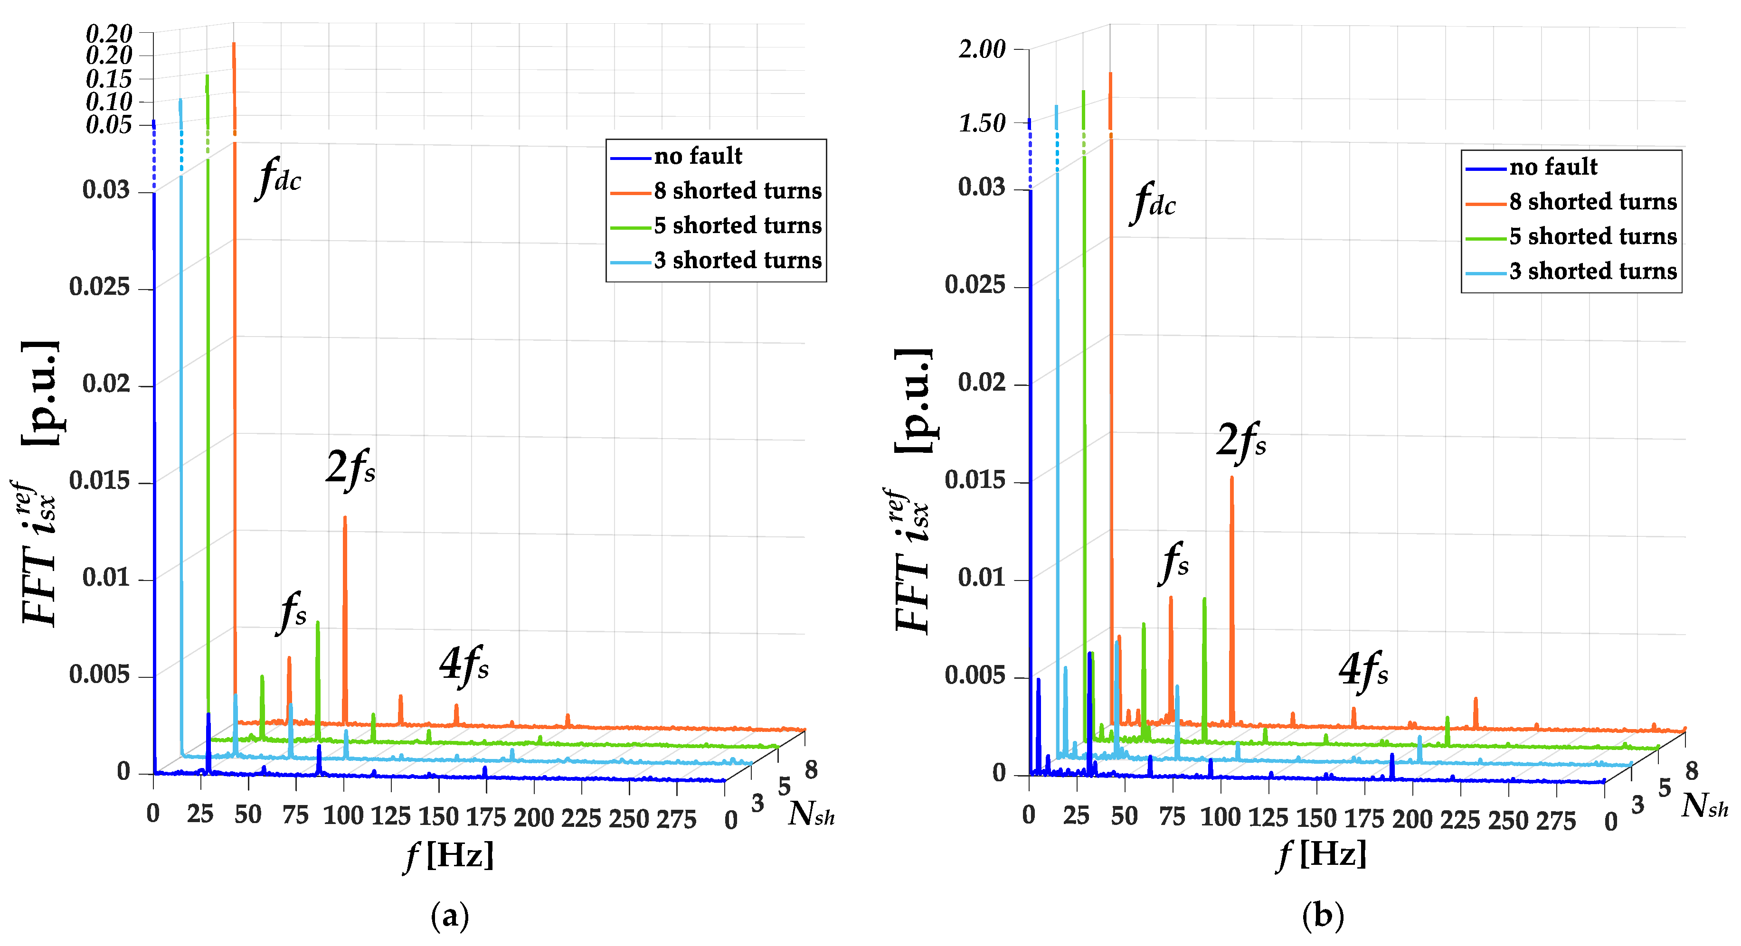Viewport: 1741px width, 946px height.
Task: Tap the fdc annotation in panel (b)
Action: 1153,202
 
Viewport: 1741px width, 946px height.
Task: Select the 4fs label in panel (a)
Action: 464,665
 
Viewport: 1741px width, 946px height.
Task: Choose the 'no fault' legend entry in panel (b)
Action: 1553,166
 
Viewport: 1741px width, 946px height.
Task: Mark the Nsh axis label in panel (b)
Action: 1703,806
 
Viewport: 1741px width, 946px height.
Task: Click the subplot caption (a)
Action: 449,916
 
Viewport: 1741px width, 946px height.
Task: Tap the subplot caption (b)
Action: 1323,916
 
